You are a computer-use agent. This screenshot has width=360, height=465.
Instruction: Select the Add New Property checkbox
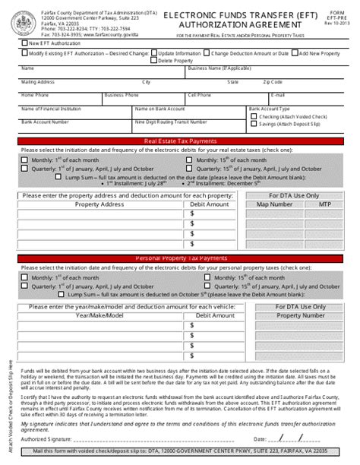click(295, 54)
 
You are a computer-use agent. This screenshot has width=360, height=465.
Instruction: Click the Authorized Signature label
click(49, 438)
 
